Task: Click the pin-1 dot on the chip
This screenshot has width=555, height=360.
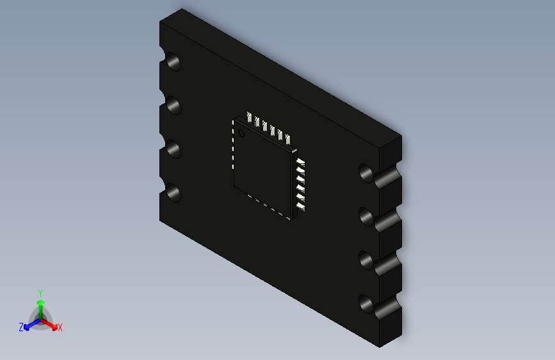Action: (x=241, y=133)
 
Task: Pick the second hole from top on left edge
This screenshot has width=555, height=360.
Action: (x=173, y=106)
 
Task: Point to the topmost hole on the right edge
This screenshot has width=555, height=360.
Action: (x=366, y=172)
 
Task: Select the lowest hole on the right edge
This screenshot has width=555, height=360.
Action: (x=366, y=304)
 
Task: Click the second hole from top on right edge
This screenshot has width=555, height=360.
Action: (x=366, y=217)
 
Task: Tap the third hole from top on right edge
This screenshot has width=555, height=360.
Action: (x=366, y=260)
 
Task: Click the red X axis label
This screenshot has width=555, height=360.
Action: (x=60, y=328)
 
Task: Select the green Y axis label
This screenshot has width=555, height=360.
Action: (x=40, y=291)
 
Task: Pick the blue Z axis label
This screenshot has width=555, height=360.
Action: (x=21, y=327)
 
